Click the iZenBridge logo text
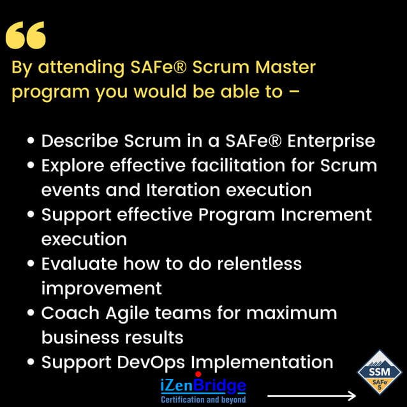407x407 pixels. point(203,385)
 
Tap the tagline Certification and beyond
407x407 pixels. point(203,399)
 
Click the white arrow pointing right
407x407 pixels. point(311,396)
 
